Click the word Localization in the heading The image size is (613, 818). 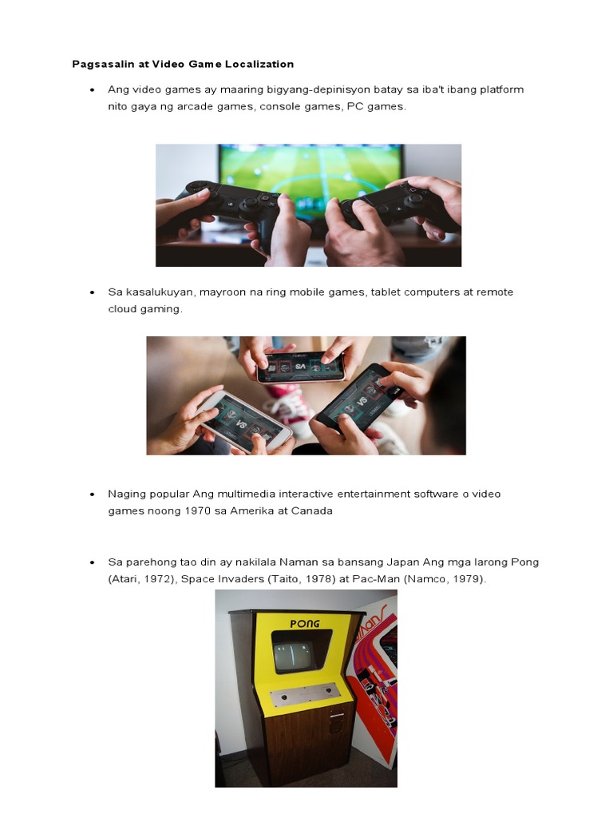pos(259,64)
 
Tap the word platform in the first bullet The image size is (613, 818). pos(502,89)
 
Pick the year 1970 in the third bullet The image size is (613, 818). pos(198,510)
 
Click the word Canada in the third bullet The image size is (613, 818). pos(312,510)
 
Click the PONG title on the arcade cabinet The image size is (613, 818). pos(305,623)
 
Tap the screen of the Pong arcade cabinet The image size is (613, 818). pos(295,657)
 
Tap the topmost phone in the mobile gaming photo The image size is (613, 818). pos(301,366)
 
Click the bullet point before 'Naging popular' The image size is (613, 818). pos(93,494)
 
